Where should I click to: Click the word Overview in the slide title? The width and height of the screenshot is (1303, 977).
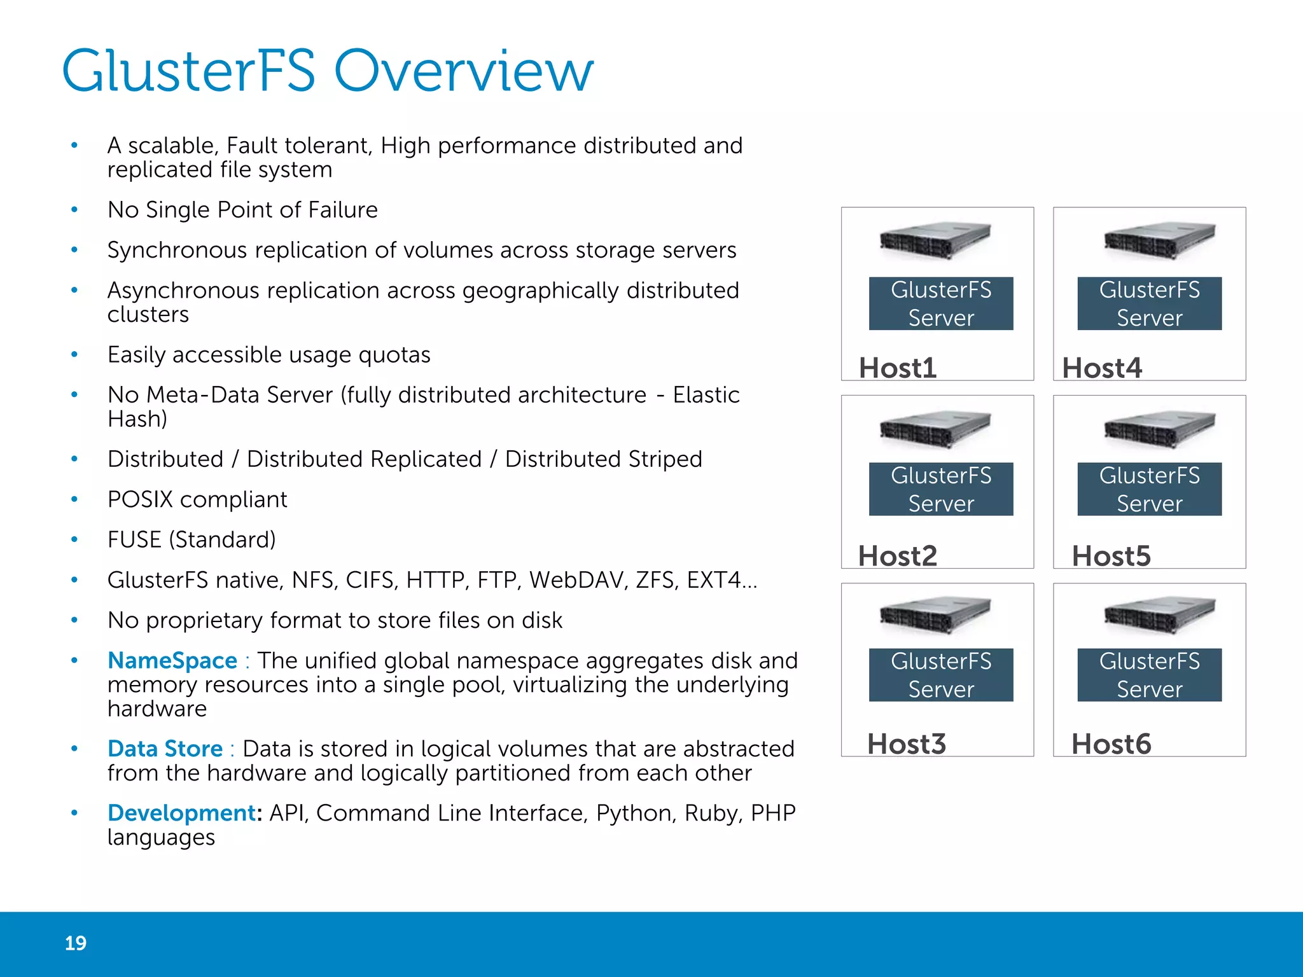463,71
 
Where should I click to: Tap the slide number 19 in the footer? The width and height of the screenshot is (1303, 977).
75,943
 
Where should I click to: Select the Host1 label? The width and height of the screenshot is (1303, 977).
898,368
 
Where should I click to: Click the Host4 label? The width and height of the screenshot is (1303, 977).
1102,368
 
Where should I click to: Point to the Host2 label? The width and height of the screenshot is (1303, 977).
897,556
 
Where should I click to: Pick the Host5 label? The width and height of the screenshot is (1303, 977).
1111,556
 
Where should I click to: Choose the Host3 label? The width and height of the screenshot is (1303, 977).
907,744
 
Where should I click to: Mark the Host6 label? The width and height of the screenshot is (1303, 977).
1111,744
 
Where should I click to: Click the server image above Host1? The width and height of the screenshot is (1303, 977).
935,240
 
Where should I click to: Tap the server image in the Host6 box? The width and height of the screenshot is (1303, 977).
1159,615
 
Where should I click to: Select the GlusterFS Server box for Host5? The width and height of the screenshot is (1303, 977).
1149,489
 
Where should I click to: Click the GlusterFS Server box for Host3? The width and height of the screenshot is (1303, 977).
941,675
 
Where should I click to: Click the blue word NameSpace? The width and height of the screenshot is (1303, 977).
172,660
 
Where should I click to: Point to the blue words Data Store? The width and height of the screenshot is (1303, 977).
165,749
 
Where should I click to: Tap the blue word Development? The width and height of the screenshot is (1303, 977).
181,813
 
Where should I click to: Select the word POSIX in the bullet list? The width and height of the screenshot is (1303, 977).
140,499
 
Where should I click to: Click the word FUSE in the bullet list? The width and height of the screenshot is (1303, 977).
134,539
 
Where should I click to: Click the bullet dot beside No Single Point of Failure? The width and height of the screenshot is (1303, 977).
74,210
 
